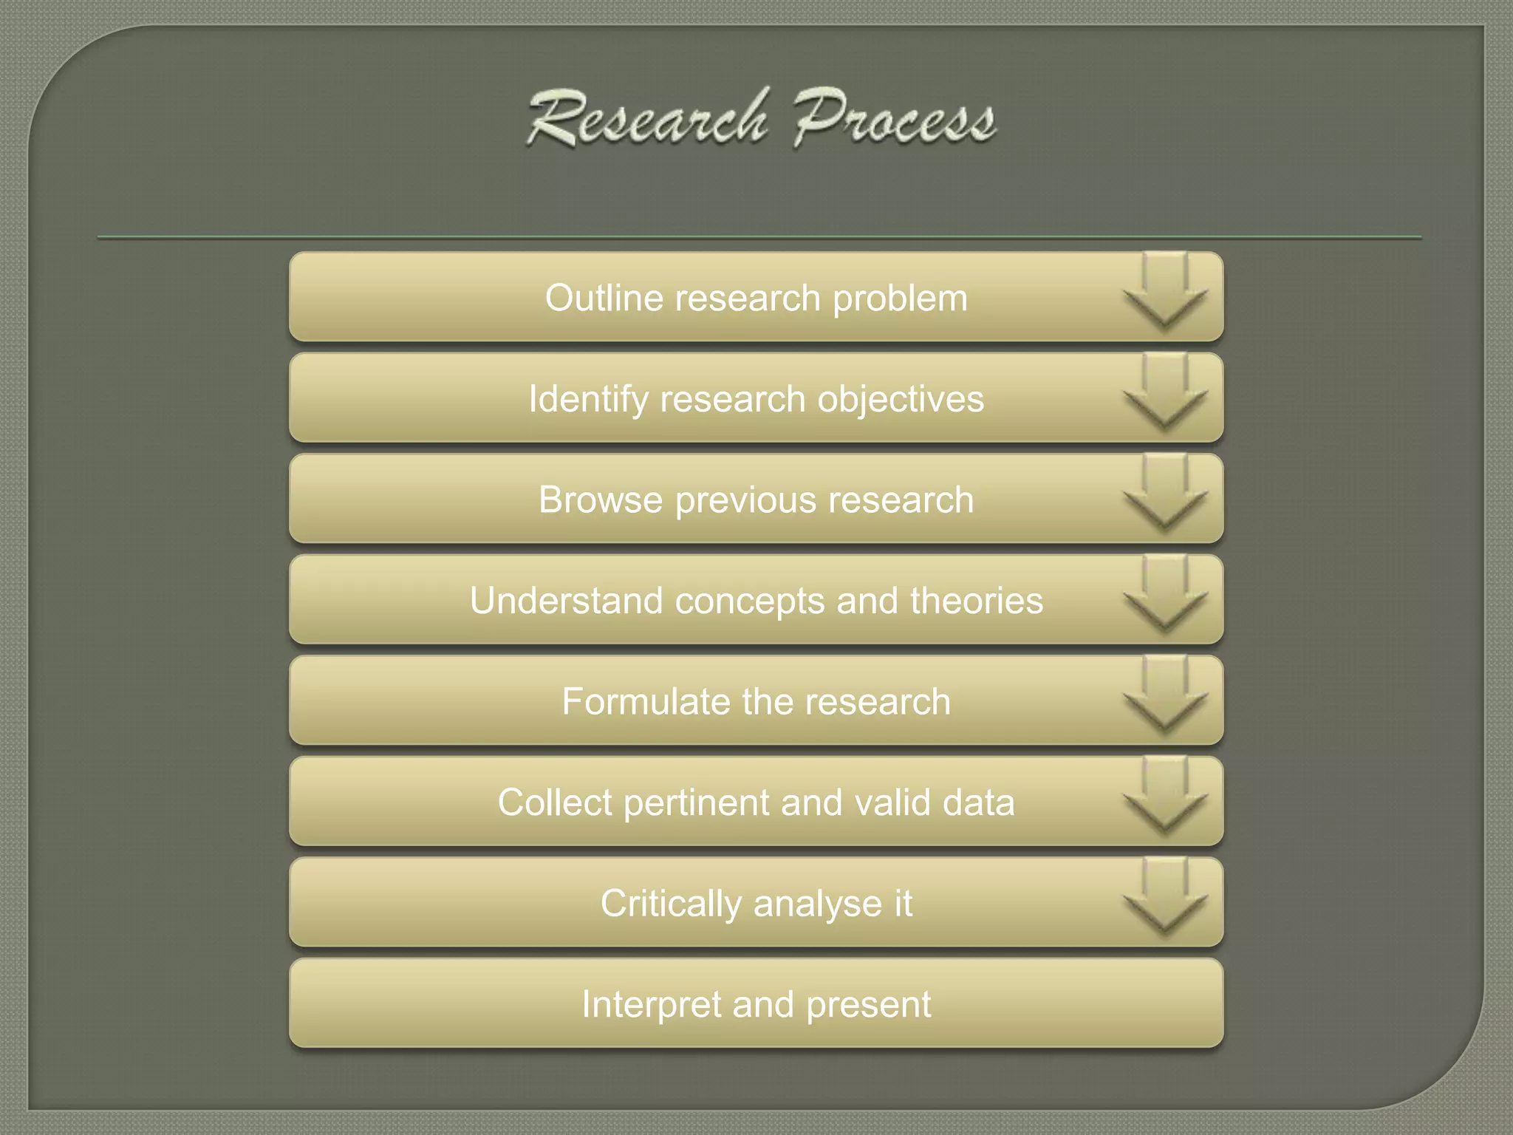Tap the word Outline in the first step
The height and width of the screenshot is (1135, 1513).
pyautogui.click(x=604, y=298)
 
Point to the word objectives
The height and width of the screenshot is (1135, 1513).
pyautogui.click(x=901, y=400)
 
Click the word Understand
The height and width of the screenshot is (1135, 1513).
pyautogui.click(x=566, y=600)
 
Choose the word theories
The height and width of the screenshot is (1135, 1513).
pyautogui.click(x=977, y=600)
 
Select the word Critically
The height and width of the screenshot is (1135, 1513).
pyautogui.click(x=671, y=904)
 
